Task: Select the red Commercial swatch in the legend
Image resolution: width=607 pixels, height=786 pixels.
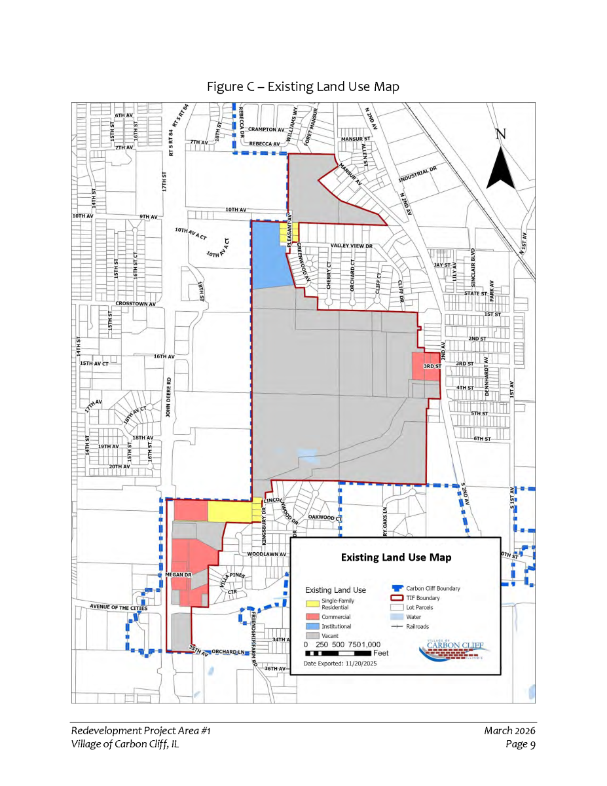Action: click(x=316, y=617)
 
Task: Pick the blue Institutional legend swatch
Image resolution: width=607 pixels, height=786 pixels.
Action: click(x=316, y=627)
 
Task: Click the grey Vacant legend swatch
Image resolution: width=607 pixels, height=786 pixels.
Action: click(x=316, y=636)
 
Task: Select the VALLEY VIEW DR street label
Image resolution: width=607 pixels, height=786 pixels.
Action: click(x=351, y=246)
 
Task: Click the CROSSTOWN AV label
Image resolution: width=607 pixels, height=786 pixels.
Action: click(x=136, y=304)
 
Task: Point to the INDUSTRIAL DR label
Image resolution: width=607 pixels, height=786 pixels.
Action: click(x=417, y=176)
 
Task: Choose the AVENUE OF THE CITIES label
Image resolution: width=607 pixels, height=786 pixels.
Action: click(x=119, y=608)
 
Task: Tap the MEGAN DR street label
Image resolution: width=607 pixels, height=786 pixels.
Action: click(x=177, y=574)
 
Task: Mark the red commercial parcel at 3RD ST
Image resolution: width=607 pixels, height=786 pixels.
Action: click(x=421, y=365)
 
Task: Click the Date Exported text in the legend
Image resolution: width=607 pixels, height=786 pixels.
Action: click(x=340, y=664)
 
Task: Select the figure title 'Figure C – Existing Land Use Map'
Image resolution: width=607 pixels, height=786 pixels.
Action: click(x=303, y=86)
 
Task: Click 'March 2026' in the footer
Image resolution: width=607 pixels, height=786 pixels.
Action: click(x=510, y=730)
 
